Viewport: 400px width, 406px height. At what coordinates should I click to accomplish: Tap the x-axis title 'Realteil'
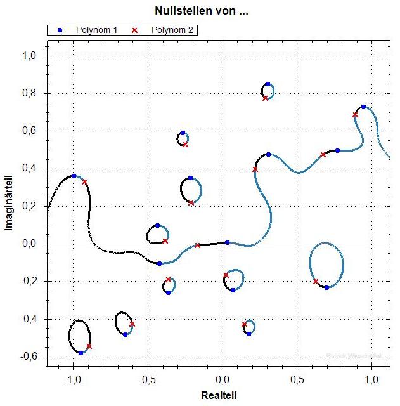(219, 395)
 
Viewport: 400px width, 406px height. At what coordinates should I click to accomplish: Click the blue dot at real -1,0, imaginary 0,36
(74, 176)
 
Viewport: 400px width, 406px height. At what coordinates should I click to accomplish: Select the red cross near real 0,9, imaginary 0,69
(355, 115)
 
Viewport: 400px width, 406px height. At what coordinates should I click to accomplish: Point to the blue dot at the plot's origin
(227, 242)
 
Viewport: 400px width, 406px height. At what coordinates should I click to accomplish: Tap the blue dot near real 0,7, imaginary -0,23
(326, 287)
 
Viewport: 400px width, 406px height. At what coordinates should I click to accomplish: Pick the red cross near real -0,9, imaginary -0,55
(89, 346)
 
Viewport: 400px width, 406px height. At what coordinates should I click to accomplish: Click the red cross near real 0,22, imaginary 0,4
(255, 169)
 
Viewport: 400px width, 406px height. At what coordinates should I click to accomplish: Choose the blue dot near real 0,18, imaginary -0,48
(248, 334)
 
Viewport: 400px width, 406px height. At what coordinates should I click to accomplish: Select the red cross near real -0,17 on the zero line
(198, 245)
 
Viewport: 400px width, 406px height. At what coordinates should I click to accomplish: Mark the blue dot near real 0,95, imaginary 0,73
(363, 107)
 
